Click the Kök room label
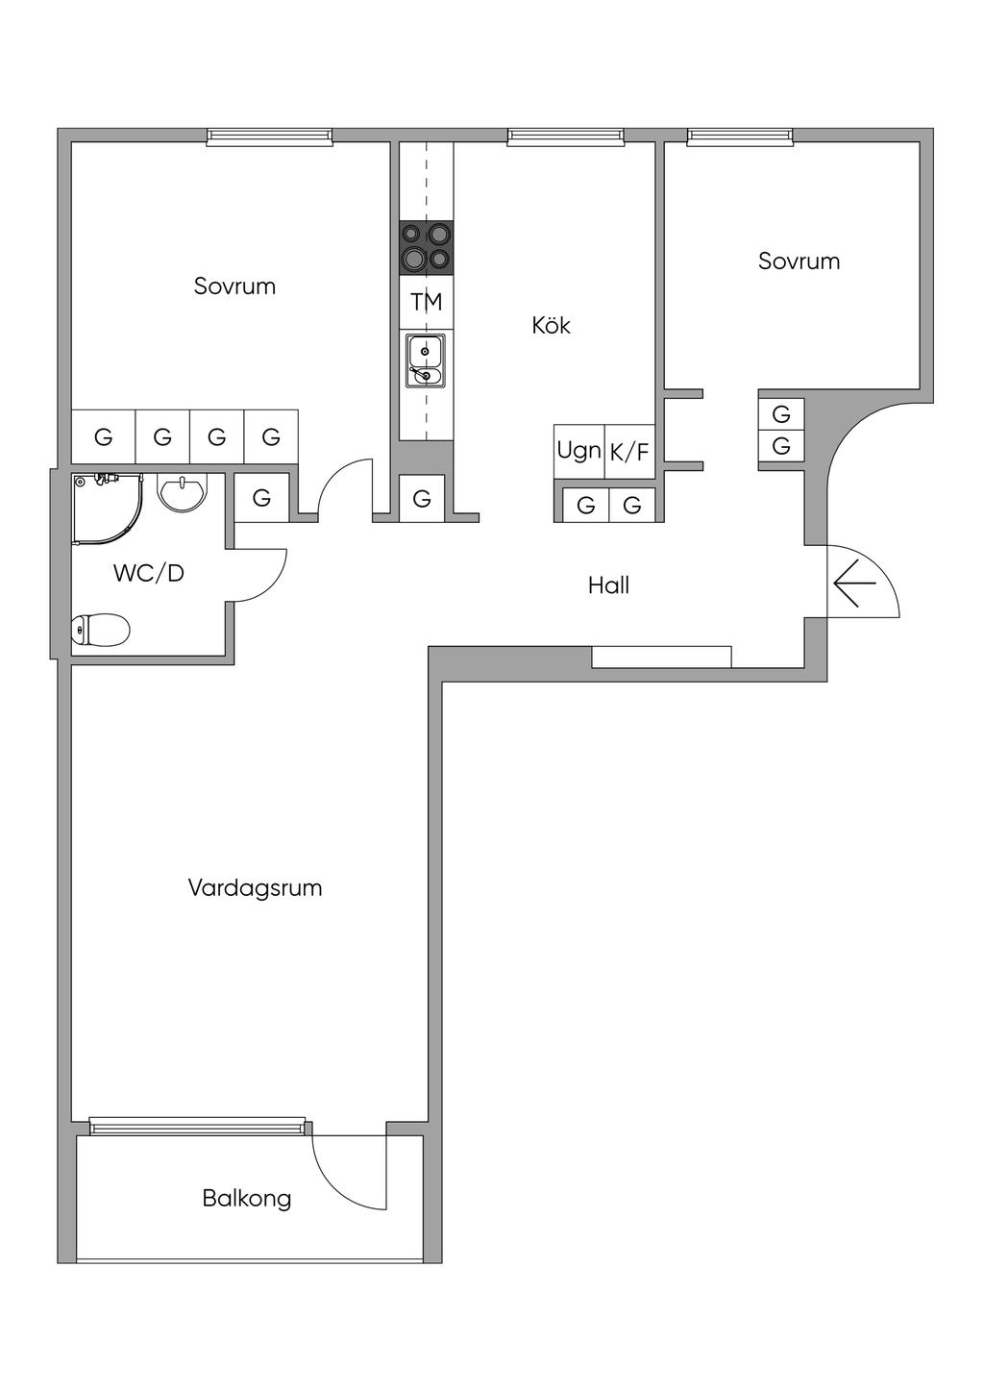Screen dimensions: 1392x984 click(551, 325)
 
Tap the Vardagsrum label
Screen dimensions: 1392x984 click(255, 887)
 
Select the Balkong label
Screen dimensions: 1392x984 click(246, 1198)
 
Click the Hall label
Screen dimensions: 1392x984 click(608, 584)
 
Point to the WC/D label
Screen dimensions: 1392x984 click(148, 573)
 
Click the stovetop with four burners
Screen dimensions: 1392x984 click(427, 247)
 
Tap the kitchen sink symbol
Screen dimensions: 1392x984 click(425, 360)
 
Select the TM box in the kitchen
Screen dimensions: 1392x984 click(426, 302)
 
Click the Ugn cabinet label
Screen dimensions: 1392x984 click(578, 450)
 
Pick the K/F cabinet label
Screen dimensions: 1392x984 click(629, 451)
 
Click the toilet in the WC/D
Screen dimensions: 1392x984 click(100, 631)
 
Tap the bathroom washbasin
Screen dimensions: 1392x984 click(181, 493)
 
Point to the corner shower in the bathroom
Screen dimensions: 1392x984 click(106, 509)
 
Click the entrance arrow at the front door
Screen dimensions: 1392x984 click(854, 584)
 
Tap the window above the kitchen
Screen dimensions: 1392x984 click(565, 137)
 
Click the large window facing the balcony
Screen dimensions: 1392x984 click(197, 1124)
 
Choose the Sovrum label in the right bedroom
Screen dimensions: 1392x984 click(799, 261)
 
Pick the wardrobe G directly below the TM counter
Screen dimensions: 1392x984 click(422, 498)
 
